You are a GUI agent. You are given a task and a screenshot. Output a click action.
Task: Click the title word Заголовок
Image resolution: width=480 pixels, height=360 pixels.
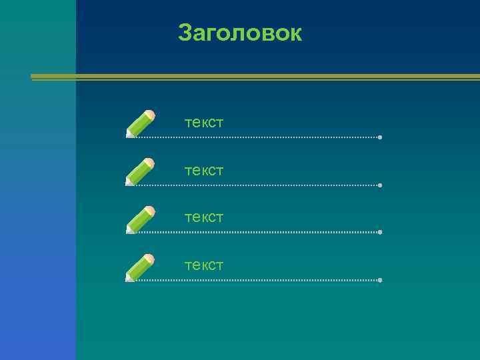tap(240, 33)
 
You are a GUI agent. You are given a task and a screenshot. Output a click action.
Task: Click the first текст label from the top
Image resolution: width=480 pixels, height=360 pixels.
tap(204, 123)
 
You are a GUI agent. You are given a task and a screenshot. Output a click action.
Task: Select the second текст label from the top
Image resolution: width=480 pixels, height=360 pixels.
tap(204, 171)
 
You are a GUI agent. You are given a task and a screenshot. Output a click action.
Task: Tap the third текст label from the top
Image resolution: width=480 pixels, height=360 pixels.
tap(204, 217)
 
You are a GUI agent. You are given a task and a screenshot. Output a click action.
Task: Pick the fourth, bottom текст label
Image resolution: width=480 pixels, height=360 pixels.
tap(204, 265)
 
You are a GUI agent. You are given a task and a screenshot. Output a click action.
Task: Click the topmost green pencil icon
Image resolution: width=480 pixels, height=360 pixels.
tap(141, 124)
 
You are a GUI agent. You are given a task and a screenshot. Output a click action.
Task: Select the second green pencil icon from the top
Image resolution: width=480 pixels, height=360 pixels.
tap(141, 171)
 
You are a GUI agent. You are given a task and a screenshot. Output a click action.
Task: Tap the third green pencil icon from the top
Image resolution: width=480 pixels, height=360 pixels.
tap(141, 219)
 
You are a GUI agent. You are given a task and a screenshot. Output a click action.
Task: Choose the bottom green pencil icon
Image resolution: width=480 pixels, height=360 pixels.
tap(141, 267)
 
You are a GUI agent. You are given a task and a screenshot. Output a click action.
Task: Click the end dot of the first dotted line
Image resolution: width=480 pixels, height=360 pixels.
tap(379, 137)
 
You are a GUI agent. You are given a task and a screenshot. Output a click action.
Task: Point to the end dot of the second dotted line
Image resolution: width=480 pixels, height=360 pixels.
tap(379, 185)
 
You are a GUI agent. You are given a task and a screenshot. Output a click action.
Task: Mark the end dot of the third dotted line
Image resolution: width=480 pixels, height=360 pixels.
tap(379, 232)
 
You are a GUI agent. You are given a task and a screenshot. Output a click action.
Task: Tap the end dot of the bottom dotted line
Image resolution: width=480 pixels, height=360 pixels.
tap(379, 280)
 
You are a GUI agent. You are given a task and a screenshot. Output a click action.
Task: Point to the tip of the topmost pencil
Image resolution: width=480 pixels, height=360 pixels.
tap(127, 136)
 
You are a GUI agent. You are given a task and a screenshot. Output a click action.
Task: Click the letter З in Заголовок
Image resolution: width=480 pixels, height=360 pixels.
tap(185, 33)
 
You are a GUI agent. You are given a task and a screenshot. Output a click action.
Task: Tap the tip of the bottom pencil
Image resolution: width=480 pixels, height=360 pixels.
tap(127, 280)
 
